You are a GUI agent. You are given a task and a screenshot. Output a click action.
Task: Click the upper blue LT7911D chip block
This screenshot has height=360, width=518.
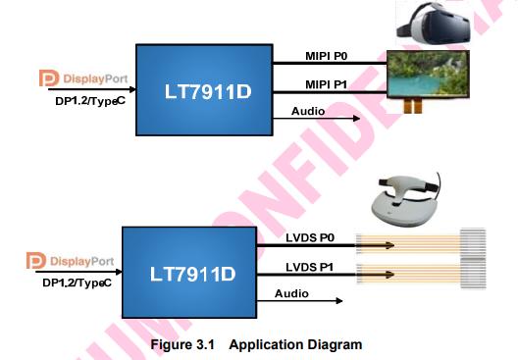click(203, 89)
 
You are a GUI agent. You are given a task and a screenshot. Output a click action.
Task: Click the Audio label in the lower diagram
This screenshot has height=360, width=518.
click(291, 294)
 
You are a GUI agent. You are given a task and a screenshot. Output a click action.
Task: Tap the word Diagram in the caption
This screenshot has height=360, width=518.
click(336, 344)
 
